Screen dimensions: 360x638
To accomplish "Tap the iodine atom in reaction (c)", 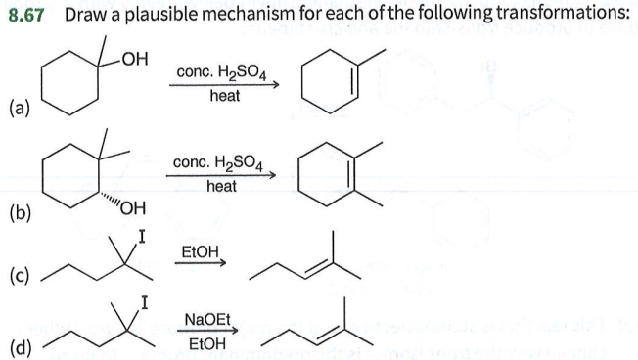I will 143,236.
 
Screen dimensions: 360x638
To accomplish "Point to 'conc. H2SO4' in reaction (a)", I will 221,73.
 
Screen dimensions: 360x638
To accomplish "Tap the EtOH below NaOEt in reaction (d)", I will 205,343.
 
